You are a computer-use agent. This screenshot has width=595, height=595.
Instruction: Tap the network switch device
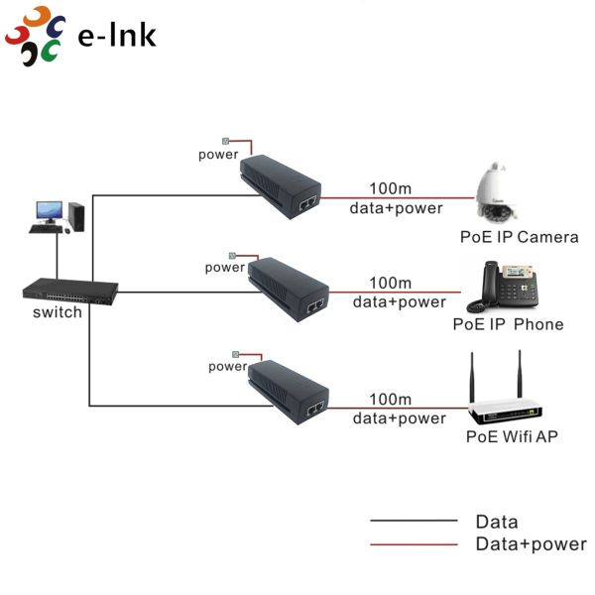point(70,290)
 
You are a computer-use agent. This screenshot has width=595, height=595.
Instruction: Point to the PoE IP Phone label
point(508,324)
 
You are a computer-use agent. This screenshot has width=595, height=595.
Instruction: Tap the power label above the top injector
point(218,155)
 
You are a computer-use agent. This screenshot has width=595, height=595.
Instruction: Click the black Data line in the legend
point(414,521)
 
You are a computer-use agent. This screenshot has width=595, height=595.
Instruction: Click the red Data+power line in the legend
point(414,544)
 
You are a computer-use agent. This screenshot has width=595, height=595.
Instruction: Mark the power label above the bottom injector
point(227,366)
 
